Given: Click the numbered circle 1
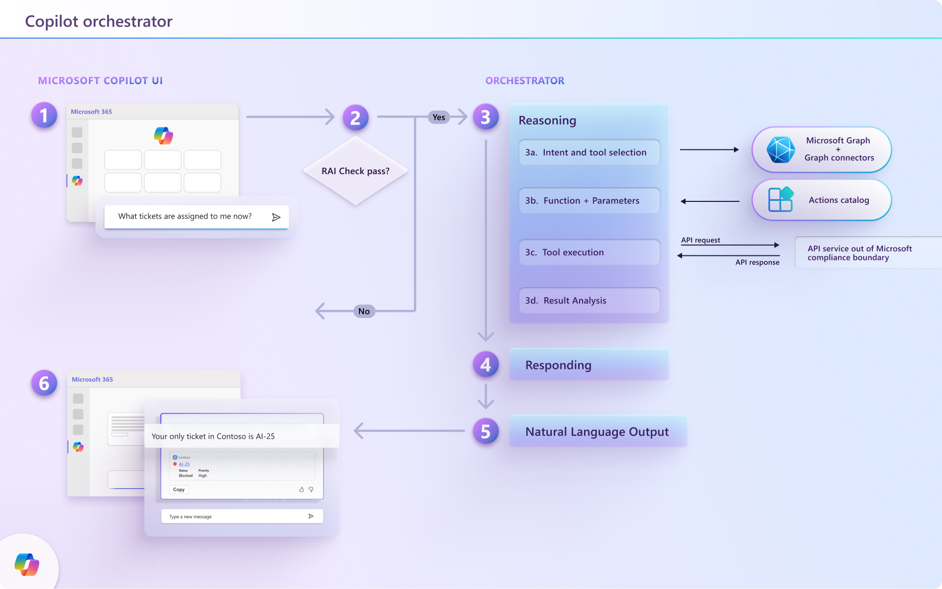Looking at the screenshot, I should coord(44,115).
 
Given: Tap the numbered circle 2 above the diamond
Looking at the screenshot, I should coord(355,118).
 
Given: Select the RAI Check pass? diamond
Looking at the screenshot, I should coord(355,171).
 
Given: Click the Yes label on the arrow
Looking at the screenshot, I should coord(439,117).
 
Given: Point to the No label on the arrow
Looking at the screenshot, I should coord(364,311).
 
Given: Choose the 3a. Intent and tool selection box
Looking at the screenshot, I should coord(589,152).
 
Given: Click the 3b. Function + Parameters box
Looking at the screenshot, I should coord(589,201).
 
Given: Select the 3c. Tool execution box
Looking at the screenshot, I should coord(589,252).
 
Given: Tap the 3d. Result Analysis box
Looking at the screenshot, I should coord(589,300).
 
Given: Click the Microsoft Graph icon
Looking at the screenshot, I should coord(780,150).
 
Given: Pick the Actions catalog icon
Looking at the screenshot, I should coord(780,200).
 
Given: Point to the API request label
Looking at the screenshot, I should coord(701,240).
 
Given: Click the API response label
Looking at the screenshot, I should coord(757,262).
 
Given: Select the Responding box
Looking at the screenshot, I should coord(589,365).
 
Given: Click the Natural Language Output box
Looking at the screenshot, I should coord(598,432).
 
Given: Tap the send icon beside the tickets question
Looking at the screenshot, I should coord(276,217).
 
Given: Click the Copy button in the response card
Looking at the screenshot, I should coord(179,490).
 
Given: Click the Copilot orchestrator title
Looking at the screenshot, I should coord(99,21).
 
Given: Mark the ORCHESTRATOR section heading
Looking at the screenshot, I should coord(525,81).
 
